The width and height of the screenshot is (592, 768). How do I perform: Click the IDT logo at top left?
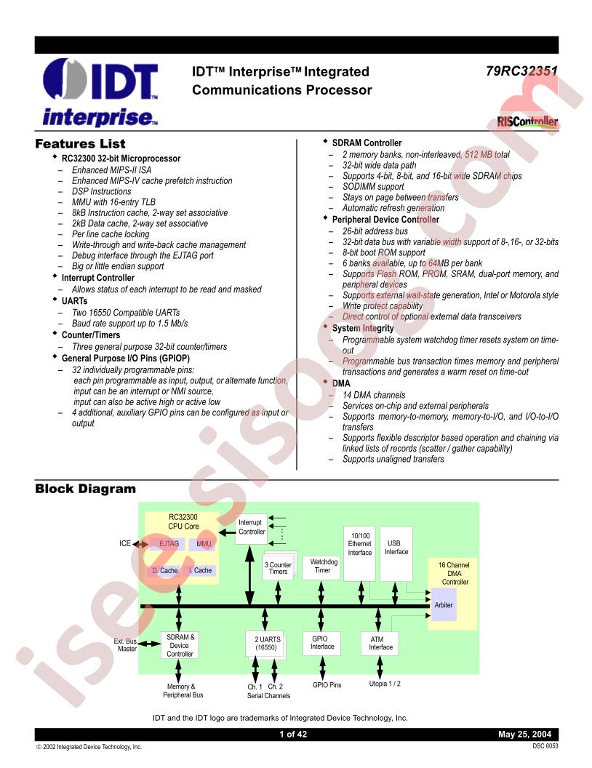100,92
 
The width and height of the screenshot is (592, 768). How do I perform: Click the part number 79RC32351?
522,71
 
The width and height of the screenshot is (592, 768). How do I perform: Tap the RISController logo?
527,121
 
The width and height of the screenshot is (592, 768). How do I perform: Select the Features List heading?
80,144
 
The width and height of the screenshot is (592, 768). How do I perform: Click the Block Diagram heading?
85,489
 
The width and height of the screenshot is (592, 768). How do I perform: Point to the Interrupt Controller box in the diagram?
252,527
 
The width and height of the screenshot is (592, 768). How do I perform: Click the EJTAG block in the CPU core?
169,544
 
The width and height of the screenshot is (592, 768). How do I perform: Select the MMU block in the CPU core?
203,544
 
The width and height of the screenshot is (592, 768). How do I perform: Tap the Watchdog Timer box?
323,567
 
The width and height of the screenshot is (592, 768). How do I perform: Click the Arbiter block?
444,605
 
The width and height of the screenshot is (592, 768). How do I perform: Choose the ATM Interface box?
380,644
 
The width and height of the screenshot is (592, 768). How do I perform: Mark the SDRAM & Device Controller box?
180,645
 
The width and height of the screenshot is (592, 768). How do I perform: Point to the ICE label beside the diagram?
125,544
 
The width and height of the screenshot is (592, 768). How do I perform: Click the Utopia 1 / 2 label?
385,684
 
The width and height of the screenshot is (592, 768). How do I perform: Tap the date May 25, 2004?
524,735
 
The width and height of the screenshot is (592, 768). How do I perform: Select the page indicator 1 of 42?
293,735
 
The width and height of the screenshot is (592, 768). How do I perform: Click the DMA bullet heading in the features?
341,383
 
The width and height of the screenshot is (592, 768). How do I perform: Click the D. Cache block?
165,571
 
